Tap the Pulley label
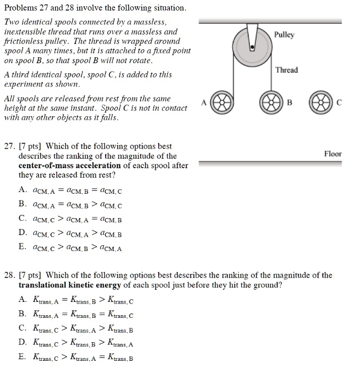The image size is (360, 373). (284, 35)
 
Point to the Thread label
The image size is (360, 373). (287, 70)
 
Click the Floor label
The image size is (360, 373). (332, 154)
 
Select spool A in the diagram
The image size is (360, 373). (220, 103)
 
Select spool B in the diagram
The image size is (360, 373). (271, 103)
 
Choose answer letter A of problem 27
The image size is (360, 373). (22, 190)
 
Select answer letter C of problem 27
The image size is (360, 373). (22, 218)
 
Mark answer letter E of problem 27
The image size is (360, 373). (22, 247)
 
